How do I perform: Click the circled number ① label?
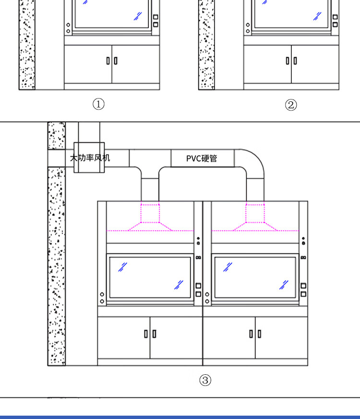(98, 104)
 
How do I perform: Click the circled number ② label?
(291, 105)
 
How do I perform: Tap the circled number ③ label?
(205, 380)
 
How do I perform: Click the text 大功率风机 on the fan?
(90, 158)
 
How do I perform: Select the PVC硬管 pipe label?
(202, 159)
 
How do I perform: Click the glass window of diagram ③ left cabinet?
(150, 277)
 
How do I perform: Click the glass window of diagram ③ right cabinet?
(255, 277)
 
